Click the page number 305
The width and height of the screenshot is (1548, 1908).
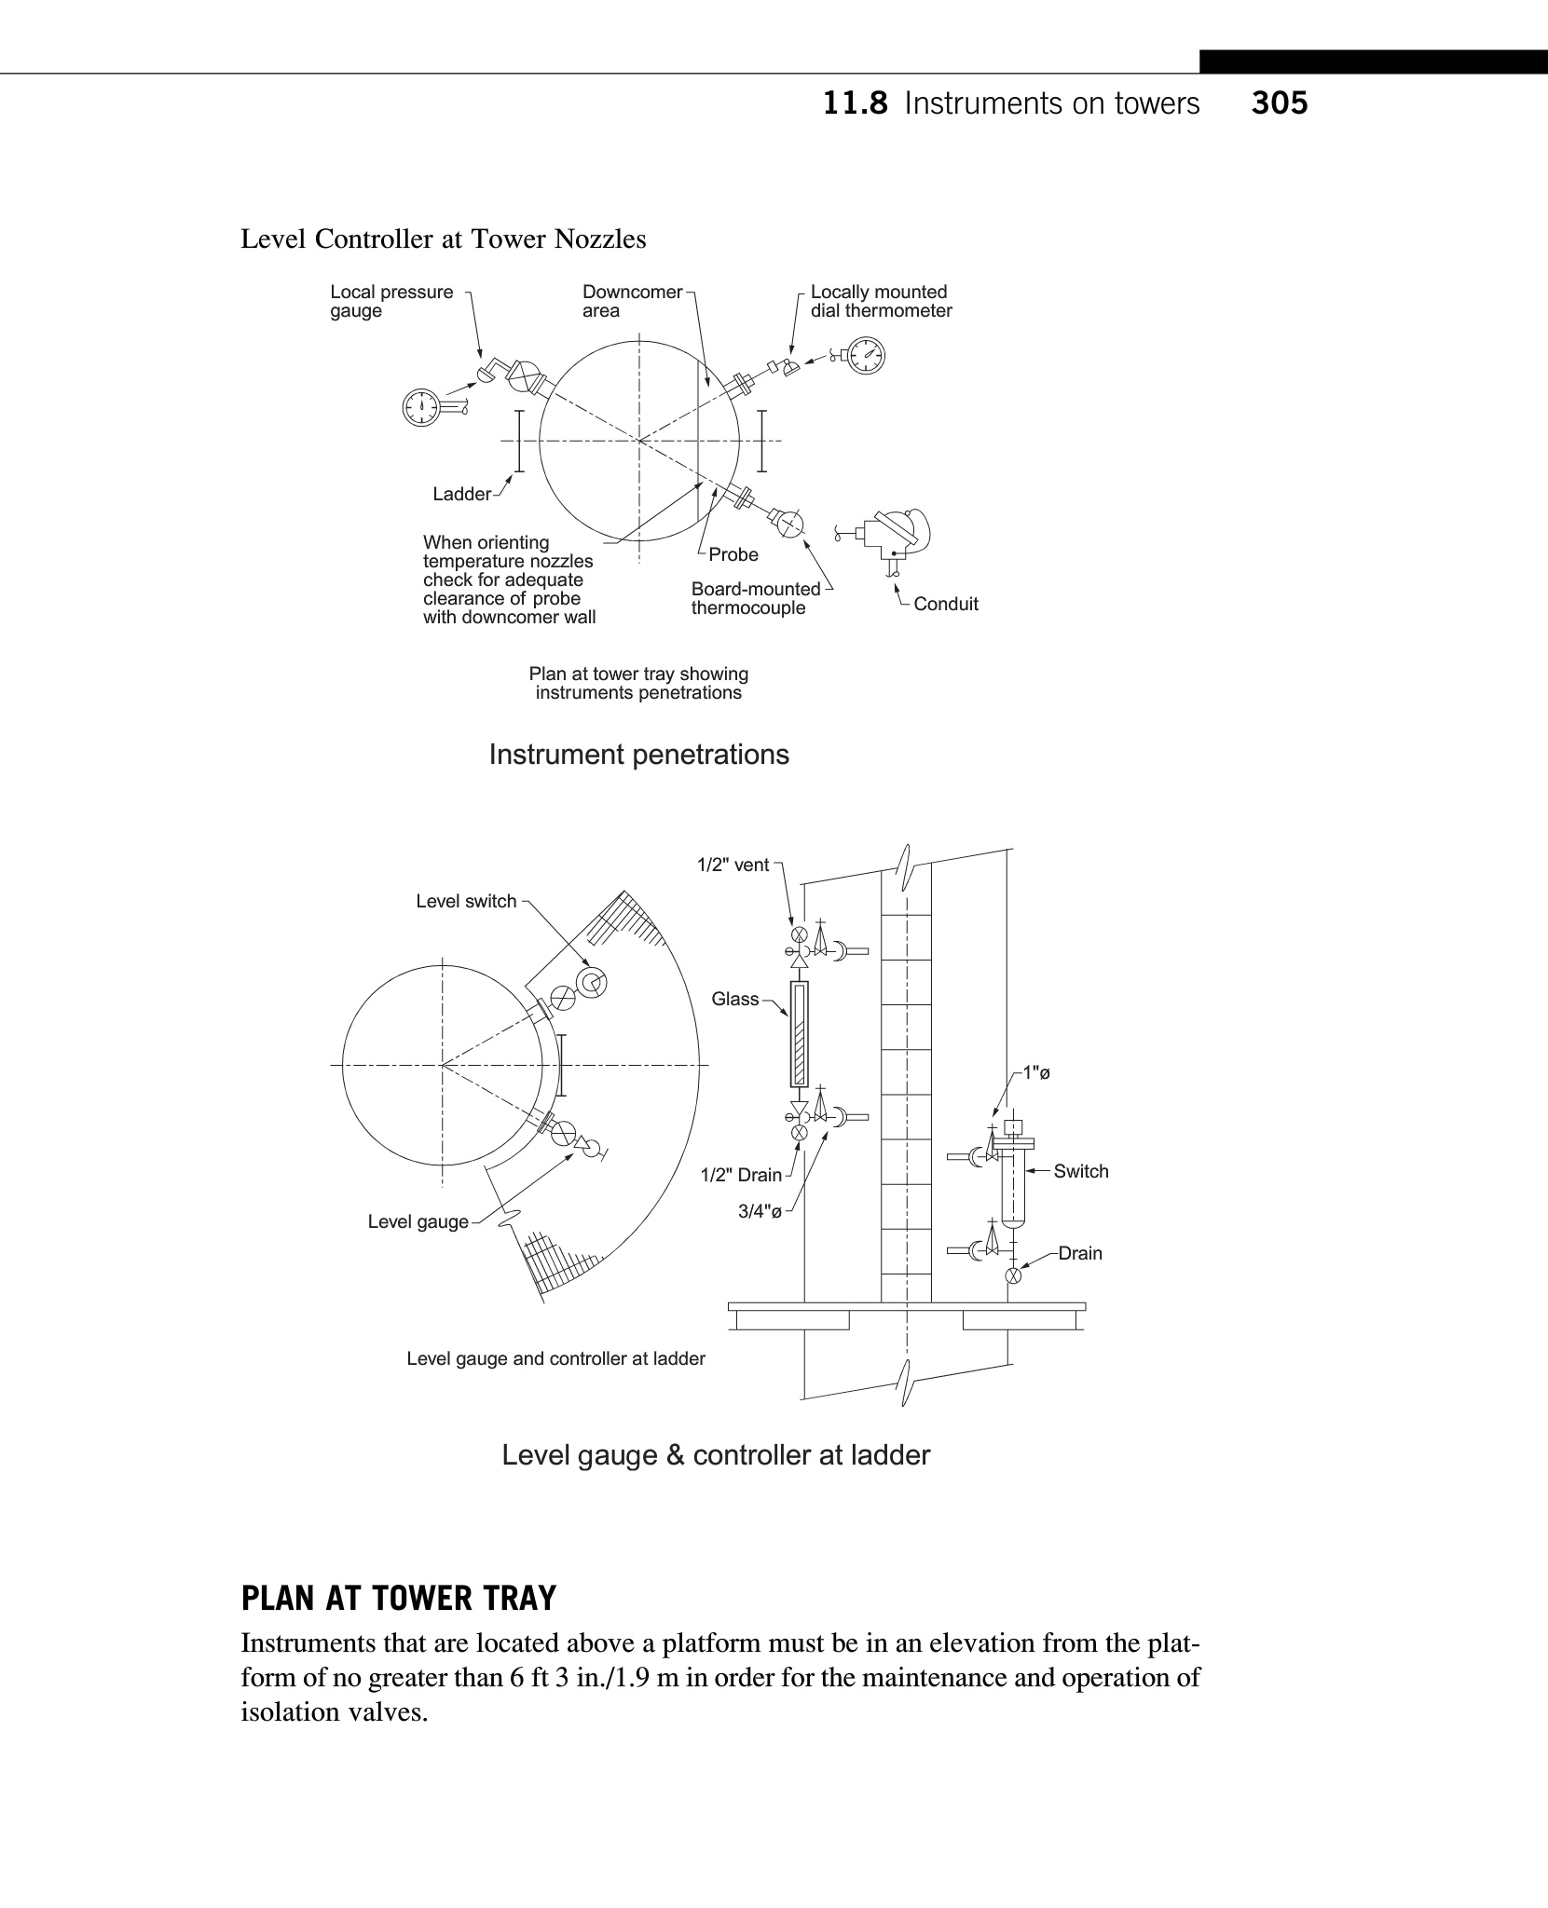(1280, 102)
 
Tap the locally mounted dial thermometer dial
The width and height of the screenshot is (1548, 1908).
(867, 355)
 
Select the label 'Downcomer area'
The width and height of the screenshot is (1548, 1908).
(632, 301)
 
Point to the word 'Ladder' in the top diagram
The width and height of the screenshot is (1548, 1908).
(461, 494)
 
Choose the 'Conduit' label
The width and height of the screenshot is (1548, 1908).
(945, 604)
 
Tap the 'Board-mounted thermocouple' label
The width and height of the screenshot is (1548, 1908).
(755, 598)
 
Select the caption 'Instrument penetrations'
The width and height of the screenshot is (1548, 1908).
(638, 754)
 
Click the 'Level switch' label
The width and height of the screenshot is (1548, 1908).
(466, 901)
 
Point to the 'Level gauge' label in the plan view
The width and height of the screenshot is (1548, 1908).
(418, 1221)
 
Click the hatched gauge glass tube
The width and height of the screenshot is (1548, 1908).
(799, 1034)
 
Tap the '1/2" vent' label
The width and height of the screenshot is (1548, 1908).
(733, 865)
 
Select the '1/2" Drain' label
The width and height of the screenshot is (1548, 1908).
(741, 1175)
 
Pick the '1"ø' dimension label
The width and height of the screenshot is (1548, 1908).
(1035, 1072)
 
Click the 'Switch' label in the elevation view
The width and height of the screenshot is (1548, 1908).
(1080, 1171)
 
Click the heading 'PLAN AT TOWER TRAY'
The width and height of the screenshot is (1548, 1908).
(398, 1599)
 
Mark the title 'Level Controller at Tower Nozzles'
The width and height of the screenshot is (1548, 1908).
(443, 239)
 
